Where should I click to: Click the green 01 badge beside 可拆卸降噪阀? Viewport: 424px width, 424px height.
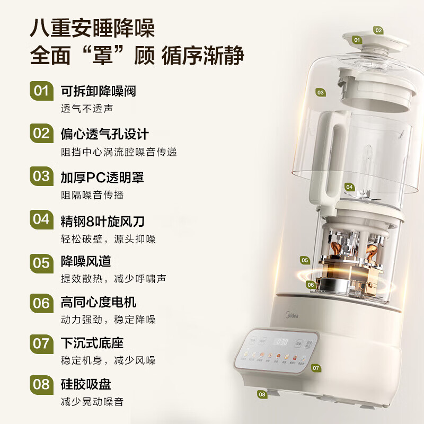pyautogui.click(x=41, y=91)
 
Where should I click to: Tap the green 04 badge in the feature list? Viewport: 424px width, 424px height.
pyautogui.click(x=41, y=219)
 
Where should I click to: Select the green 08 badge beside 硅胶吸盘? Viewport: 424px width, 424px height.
pyautogui.click(x=41, y=385)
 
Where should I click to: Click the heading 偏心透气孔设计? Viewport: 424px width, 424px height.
pyautogui.click(x=104, y=133)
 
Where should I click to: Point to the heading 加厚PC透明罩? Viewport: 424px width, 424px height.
pyautogui.click(x=102, y=176)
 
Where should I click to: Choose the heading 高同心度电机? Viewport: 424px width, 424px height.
pyautogui.click(x=99, y=302)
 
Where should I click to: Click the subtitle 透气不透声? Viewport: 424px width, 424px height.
pyautogui.click(x=87, y=108)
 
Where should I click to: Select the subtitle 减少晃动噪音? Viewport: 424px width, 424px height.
pyautogui.click(x=92, y=402)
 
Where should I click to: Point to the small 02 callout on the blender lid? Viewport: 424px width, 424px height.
pyautogui.click(x=378, y=30)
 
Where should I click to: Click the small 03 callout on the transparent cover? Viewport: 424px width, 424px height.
pyautogui.click(x=320, y=92)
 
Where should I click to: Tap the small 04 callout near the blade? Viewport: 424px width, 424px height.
pyautogui.click(x=349, y=187)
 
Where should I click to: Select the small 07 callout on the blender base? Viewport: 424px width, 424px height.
pyautogui.click(x=316, y=367)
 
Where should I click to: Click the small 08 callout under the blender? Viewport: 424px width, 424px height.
pyautogui.click(x=262, y=394)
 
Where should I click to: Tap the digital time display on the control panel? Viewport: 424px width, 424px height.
pyautogui.click(x=280, y=341)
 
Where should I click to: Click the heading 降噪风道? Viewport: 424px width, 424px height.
pyautogui.click(x=86, y=261)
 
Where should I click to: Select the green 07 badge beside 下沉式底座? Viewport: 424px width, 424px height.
pyautogui.click(x=41, y=343)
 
